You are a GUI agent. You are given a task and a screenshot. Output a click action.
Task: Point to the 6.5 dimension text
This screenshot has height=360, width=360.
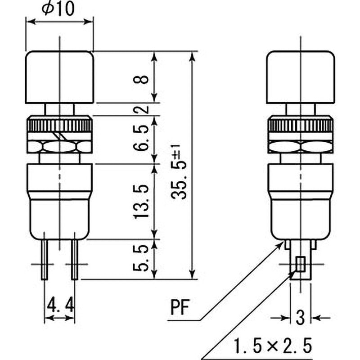click(141, 139)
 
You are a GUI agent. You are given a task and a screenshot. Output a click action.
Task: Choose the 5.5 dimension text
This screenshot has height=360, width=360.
click(141, 259)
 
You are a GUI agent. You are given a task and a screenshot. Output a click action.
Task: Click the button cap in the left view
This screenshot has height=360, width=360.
click(59, 76)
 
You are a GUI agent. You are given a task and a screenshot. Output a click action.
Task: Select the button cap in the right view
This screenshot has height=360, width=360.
click(301, 76)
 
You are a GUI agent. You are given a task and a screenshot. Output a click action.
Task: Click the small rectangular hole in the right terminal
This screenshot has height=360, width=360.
click(300, 264)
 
